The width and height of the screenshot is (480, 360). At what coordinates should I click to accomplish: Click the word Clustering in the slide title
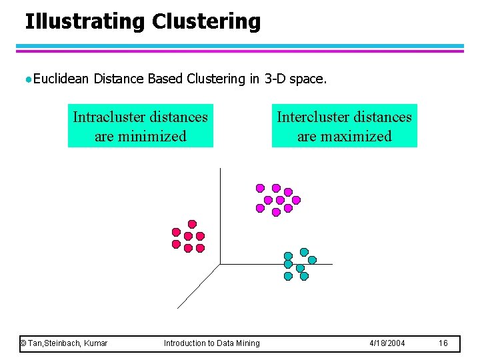tap(206, 21)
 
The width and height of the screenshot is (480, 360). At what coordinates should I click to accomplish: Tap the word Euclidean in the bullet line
tap(61, 79)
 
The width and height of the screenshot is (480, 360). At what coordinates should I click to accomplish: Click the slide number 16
tap(443, 343)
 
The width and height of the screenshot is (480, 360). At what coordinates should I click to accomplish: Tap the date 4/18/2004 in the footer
tap(387, 343)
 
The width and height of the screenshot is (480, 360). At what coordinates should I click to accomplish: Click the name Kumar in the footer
tap(95, 343)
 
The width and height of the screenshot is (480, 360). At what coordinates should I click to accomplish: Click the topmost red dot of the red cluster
tap(192, 224)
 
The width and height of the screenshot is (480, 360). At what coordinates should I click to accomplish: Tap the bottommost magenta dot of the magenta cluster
tap(276, 213)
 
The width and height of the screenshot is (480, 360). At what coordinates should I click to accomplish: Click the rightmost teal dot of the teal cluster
tap(312, 260)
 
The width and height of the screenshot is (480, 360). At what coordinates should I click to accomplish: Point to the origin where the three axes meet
tap(219, 264)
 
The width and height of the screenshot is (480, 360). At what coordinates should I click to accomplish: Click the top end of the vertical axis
tap(219, 169)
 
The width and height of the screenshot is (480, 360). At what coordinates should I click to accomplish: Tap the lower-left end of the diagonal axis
tap(178, 308)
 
